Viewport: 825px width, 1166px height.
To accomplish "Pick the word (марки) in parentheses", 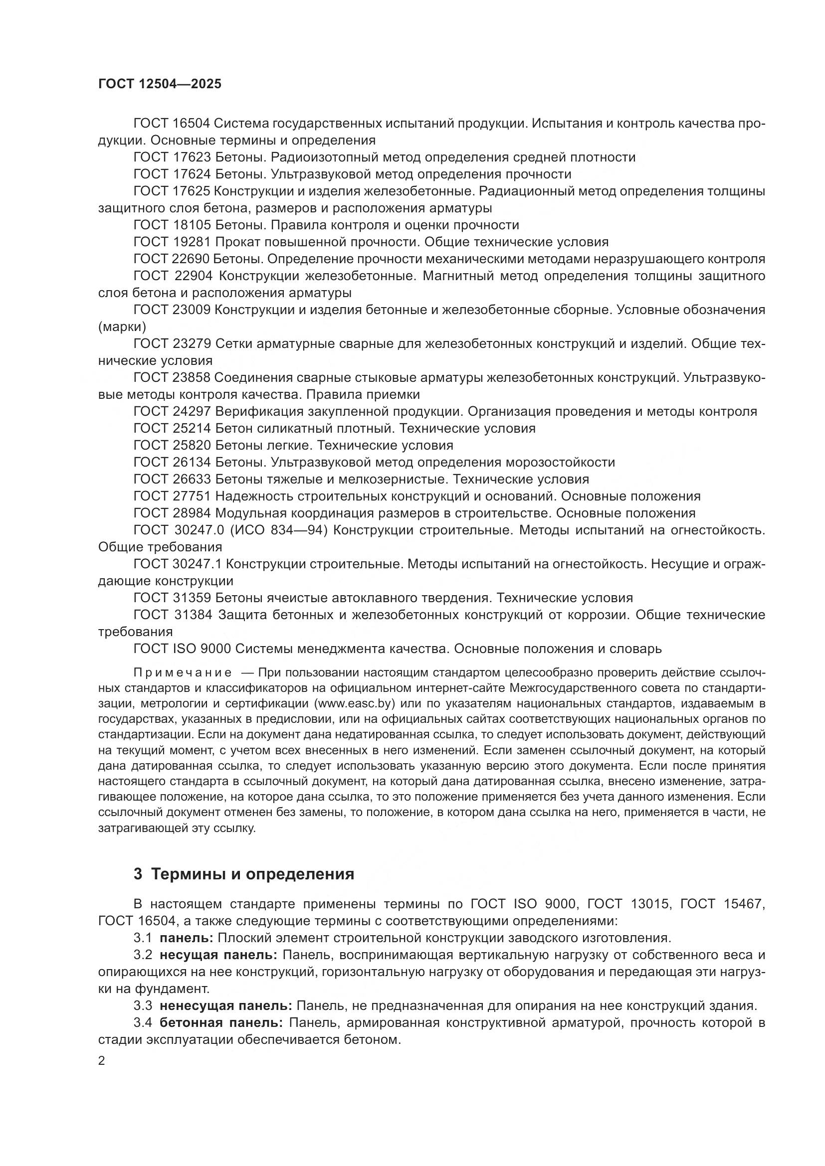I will (122, 327).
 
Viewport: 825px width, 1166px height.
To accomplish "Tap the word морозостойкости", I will (560, 462).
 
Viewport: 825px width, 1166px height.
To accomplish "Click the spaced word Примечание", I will (183, 673).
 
